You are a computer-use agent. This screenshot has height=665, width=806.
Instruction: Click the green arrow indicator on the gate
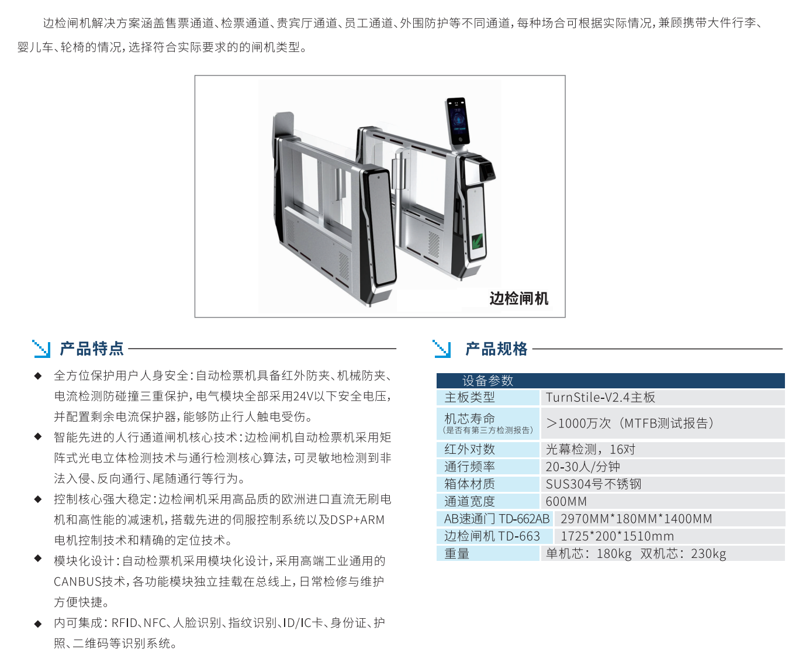(x=477, y=242)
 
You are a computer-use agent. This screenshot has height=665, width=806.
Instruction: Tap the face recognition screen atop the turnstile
(x=458, y=122)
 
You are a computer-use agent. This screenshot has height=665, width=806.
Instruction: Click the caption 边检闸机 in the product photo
(x=518, y=298)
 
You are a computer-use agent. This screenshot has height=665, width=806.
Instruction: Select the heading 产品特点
(x=92, y=348)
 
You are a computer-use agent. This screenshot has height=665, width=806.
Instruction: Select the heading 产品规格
(x=496, y=349)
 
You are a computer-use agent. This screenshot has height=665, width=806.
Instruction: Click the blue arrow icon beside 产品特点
(x=41, y=349)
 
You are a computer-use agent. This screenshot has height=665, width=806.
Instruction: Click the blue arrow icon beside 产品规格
(x=442, y=349)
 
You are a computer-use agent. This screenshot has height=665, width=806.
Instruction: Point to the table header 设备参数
(x=487, y=381)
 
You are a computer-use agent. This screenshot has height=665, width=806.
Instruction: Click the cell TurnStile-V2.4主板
(x=600, y=397)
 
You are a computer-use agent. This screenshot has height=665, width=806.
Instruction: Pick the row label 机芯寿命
(x=469, y=418)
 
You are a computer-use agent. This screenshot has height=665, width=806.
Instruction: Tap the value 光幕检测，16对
(x=590, y=449)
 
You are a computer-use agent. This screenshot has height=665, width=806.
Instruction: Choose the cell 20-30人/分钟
(x=583, y=467)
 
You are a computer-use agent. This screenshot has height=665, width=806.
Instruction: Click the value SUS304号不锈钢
(x=593, y=484)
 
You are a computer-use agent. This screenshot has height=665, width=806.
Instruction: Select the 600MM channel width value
(x=566, y=501)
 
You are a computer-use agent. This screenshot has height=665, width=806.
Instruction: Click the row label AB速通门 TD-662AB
(x=496, y=519)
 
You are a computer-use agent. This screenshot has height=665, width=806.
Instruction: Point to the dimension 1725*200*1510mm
(x=617, y=536)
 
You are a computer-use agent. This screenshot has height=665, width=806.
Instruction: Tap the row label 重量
(x=456, y=553)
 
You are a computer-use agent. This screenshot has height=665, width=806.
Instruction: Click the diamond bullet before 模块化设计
(x=38, y=558)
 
